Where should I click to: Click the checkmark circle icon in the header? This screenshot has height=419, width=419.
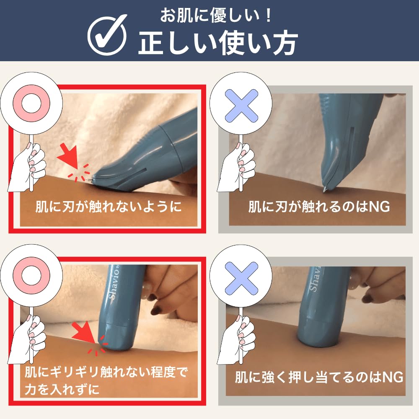coord(107,35)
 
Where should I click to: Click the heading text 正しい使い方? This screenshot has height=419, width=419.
coord(218,43)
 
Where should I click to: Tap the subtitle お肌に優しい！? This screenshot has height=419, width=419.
coord(215,16)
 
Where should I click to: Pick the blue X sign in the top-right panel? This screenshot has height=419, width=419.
coord(241,106)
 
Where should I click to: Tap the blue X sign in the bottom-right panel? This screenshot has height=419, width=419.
coord(241,278)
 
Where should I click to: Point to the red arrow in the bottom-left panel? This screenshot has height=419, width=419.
coord(83,332)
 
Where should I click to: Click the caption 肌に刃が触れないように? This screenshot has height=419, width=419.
coord(108,207)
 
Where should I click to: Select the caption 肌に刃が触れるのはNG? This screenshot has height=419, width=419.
coord(319,207)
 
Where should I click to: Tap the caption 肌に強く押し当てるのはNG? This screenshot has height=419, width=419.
coord(319,377)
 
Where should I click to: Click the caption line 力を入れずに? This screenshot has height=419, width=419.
coord(62,389)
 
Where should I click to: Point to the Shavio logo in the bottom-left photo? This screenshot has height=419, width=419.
coord(113,284)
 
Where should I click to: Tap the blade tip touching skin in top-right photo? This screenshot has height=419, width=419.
coord(325,189)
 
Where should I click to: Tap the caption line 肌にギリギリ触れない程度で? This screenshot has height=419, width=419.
coord(106,372)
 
